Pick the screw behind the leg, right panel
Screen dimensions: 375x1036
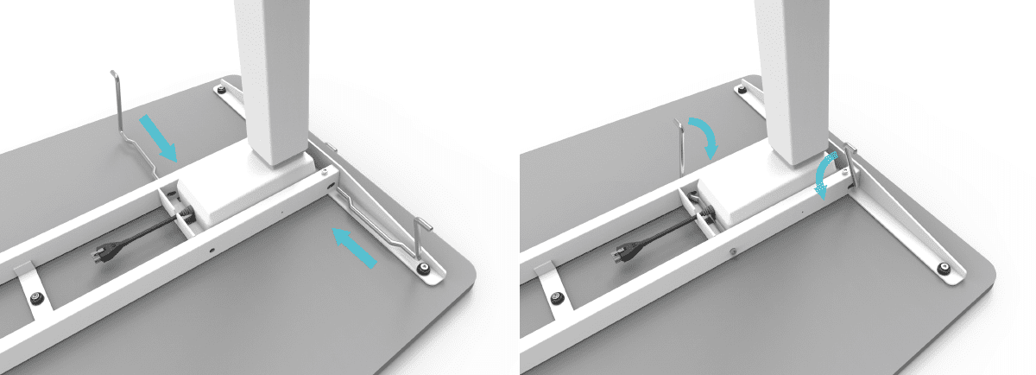pos(742,88)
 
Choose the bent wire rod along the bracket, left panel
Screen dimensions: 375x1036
pos(371,213)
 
